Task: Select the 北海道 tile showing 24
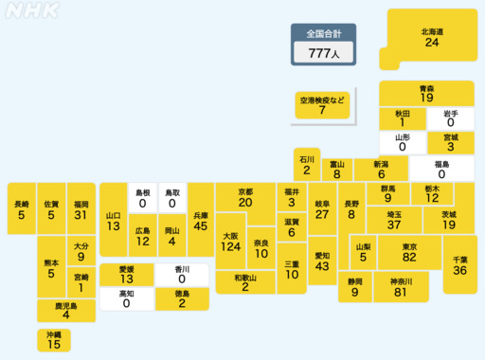pyautogui.click(x=432, y=38)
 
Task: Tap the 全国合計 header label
pyautogui.click(x=324, y=34)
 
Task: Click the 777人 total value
pyautogui.click(x=324, y=54)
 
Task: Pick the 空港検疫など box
pyautogui.click(x=322, y=105)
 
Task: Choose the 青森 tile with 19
pyautogui.click(x=426, y=93)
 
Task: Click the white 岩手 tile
pyautogui.click(x=450, y=117)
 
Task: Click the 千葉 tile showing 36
pyautogui.click(x=459, y=264)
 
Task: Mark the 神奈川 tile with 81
pyautogui.click(x=399, y=287)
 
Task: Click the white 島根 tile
pyautogui.click(x=142, y=197)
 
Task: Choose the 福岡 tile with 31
pyautogui.click(x=81, y=209)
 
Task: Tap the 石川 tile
pyautogui.click(x=306, y=165)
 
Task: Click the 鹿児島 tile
pyautogui.click(x=65, y=310)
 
